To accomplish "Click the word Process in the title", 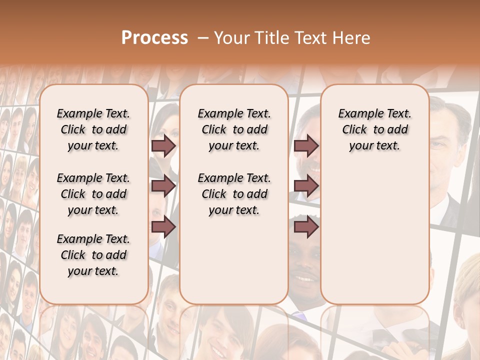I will [x=154, y=38].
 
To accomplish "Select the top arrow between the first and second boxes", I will [x=163, y=145].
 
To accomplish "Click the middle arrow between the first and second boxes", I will [x=163, y=186].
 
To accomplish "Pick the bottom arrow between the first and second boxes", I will [x=163, y=227].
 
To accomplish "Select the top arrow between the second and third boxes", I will [x=306, y=145].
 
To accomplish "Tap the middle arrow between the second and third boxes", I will [x=306, y=186].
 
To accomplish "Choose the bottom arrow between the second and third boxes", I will [x=306, y=227].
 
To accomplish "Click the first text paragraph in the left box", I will [x=93, y=129].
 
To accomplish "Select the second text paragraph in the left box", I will [x=93, y=194].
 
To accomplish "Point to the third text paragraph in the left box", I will [x=93, y=255].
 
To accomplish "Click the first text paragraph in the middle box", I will [x=234, y=129].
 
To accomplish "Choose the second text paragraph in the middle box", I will [x=234, y=194].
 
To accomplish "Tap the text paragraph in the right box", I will [x=374, y=129].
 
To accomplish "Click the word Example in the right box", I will [x=358, y=114].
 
